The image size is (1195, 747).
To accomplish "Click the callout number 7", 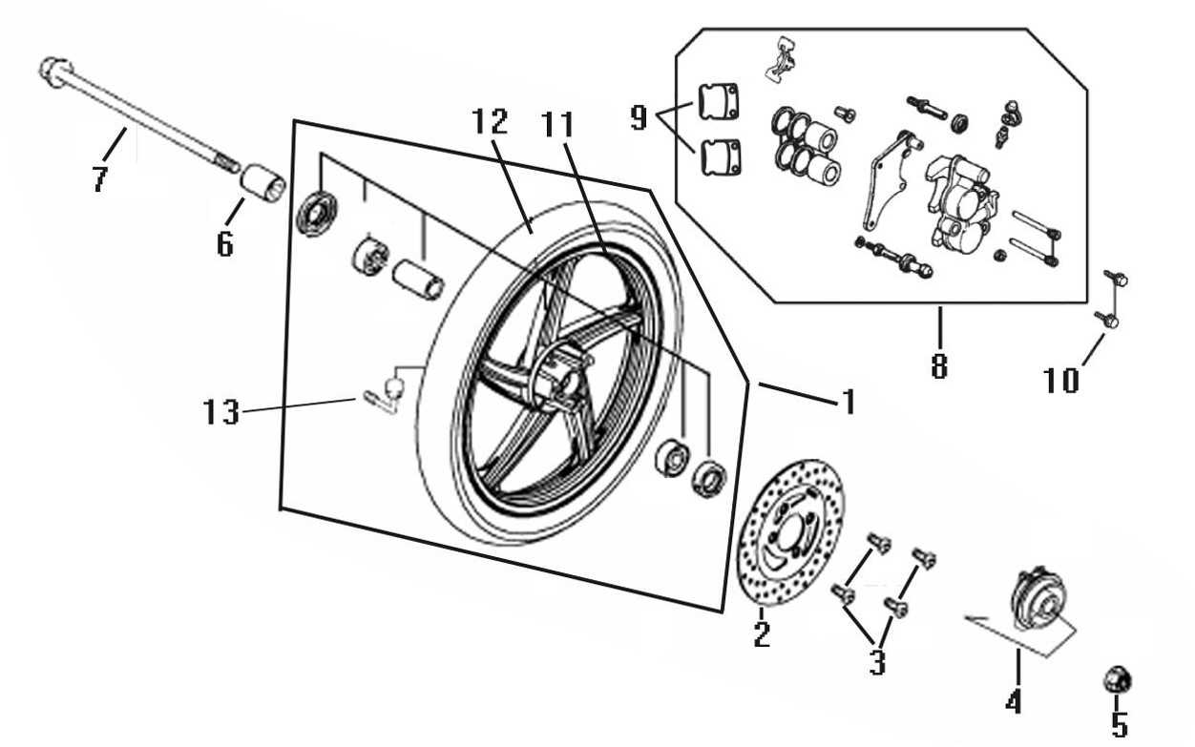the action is pyautogui.click(x=100, y=178).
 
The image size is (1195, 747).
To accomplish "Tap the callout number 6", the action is pyautogui.click(x=225, y=245).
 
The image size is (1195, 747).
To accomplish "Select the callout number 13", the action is pyautogui.click(x=220, y=412).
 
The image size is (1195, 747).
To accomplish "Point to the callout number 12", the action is pyautogui.click(x=491, y=121).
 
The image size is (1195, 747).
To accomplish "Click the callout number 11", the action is pyautogui.click(x=557, y=125).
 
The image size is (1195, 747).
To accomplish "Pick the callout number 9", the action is pyautogui.click(x=639, y=118).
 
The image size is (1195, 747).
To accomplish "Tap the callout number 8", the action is pyautogui.click(x=939, y=365).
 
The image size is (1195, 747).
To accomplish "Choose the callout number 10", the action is pyautogui.click(x=1061, y=381).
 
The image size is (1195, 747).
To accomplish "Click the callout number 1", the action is pyautogui.click(x=849, y=402).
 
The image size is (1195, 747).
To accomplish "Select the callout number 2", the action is pyautogui.click(x=762, y=634).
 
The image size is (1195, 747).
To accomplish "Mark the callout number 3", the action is pyautogui.click(x=877, y=663).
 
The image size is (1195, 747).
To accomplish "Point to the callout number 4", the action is pyautogui.click(x=1013, y=701).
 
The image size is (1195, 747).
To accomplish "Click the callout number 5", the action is pyautogui.click(x=1120, y=725).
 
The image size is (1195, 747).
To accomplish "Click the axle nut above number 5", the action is pyautogui.click(x=1117, y=680).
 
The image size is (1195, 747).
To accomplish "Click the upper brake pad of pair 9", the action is pyautogui.click(x=718, y=102).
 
